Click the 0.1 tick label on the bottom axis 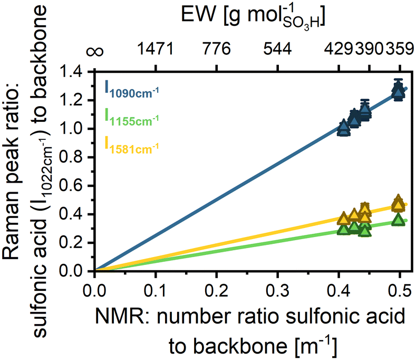(x=156, y=292)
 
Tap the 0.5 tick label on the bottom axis (x=399, y=292)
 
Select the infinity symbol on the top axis (x=96, y=50)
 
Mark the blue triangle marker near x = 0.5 (x=399, y=91)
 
